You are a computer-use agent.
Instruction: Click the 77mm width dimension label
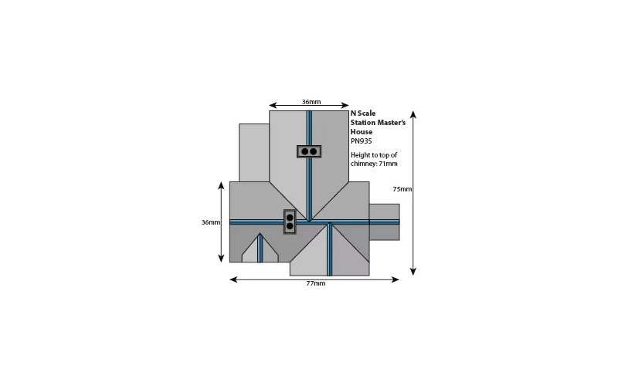point(316,283)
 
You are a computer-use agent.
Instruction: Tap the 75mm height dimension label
point(402,189)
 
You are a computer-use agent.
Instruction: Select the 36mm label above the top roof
point(311,102)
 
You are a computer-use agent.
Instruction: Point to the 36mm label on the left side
point(211,222)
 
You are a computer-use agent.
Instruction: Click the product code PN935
point(361,141)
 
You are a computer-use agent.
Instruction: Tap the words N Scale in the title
point(363,113)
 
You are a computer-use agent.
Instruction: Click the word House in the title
point(362,132)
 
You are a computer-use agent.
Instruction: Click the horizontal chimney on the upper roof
point(309,151)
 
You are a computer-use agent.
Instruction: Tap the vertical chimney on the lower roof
point(290,222)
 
